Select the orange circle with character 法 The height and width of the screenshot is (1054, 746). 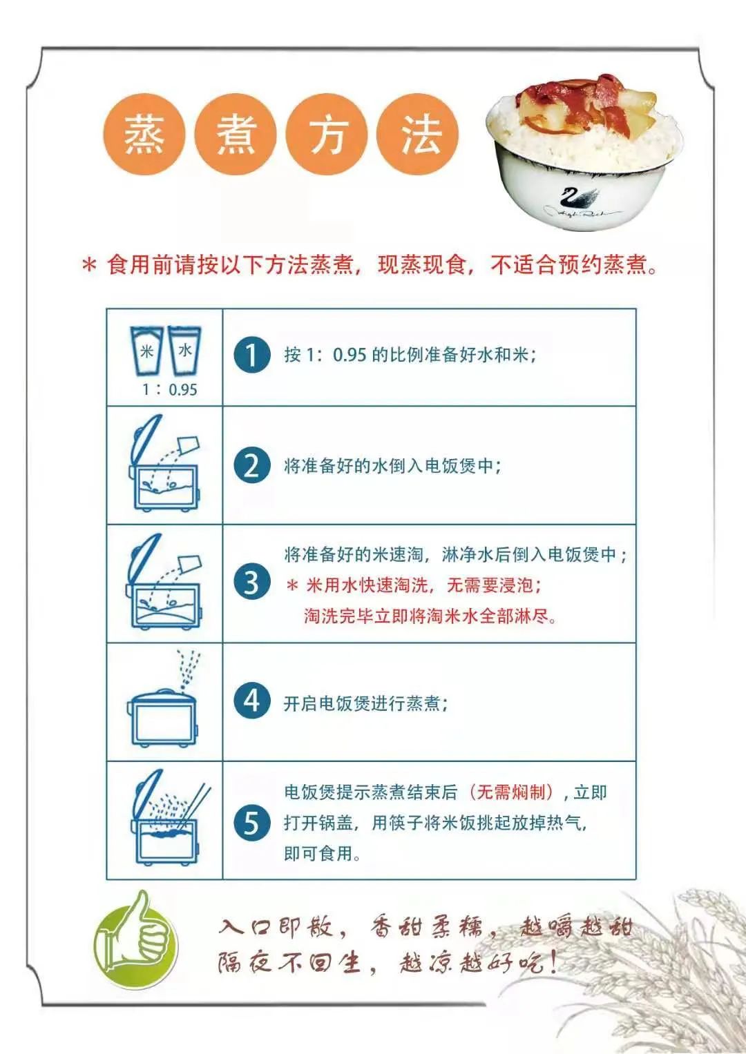pos(419,134)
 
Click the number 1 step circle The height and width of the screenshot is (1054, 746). pos(251,355)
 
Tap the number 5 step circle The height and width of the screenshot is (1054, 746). pos(251,822)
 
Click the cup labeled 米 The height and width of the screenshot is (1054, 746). pos(147,351)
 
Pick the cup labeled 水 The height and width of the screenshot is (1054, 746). pos(184,350)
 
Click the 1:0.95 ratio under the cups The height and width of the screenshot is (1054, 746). pos(169,389)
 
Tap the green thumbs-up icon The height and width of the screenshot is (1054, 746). pos(135,939)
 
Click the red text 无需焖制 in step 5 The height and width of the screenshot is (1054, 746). pos(512,792)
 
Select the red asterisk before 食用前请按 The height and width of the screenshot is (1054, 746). pos(89,265)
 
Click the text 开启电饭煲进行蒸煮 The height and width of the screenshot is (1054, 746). pos(365,703)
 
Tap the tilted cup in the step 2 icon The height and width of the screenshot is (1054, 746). pos(189,443)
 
